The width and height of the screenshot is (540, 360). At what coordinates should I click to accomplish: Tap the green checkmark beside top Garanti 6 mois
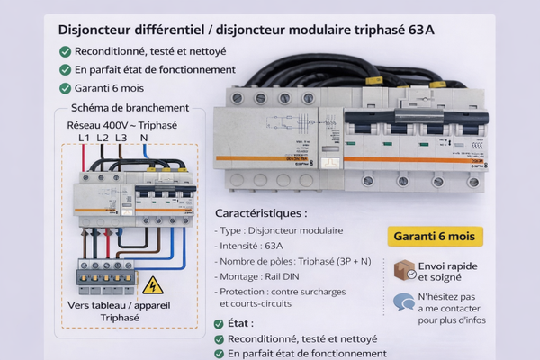pos(65,88)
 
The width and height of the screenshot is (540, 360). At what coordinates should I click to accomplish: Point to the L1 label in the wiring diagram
pos(84,138)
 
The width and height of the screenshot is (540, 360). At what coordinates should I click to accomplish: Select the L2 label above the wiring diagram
pos(103,138)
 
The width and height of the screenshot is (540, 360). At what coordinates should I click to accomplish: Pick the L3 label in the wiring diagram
pos(121,138)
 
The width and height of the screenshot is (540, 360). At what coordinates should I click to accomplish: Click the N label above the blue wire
pos(145,138)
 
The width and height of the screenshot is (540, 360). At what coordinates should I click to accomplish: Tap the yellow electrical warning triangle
pos(154,285)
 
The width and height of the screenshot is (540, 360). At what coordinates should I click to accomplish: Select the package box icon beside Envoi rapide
pos(405,270)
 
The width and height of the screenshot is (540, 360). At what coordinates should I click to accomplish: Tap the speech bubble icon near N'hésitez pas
pos(404,303)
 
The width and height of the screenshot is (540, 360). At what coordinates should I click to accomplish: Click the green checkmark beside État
pos(220,323)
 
